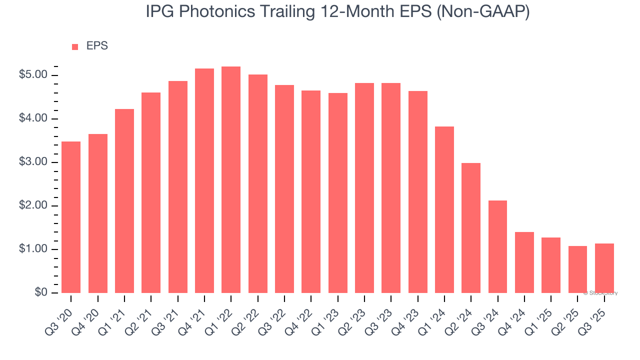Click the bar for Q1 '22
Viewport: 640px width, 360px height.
231,180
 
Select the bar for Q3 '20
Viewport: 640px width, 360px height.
71,217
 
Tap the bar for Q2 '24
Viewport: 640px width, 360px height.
471,228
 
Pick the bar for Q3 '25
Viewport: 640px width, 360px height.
604,268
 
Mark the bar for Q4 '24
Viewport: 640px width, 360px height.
524,262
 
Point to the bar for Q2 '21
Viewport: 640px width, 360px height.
151,193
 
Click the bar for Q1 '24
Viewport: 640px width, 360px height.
444,210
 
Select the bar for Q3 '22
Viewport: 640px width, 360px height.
284,189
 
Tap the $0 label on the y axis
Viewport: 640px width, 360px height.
41,293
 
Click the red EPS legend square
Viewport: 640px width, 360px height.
75,46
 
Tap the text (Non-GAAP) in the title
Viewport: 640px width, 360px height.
483,12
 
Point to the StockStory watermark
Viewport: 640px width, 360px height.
600,293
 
